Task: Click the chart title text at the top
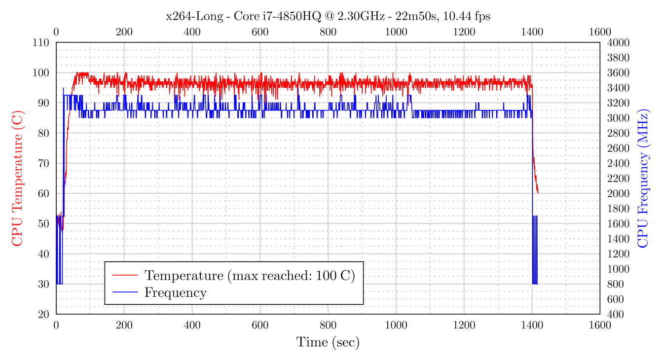[328, 17]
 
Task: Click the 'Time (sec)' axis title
[328, 342]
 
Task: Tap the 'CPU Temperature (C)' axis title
[17, 178]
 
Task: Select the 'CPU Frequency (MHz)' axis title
[643, 178]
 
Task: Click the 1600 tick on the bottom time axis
[600, 325]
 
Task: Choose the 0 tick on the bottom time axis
[56, 325]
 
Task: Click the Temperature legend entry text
[250, 275]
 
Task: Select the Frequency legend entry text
[175, 292]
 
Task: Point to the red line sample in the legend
[125, 275]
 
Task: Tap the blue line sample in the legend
[125, 292]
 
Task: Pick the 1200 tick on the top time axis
[464, 32]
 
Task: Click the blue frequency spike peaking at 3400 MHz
[63, 89]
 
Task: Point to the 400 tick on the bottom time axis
[192, 325]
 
